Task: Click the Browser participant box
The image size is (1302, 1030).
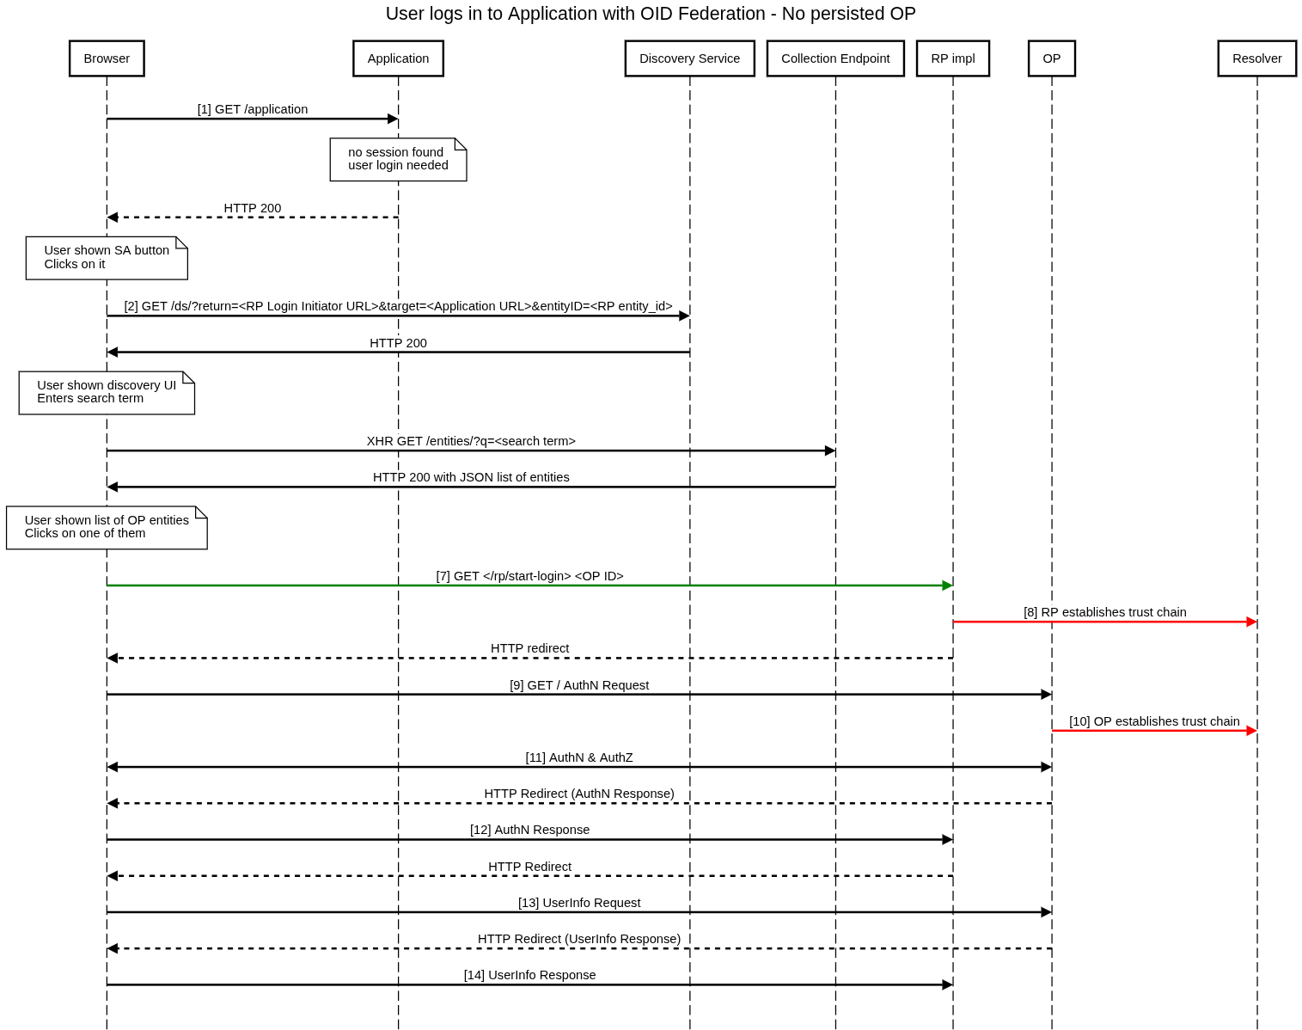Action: pos(107,58)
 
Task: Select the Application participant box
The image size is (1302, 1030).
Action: pos(398,58)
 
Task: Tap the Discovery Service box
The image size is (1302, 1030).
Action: pos(689,58)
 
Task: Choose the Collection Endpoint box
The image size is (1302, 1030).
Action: pos(835,58)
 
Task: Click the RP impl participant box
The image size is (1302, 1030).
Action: pos(952,58)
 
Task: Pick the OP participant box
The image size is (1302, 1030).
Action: pos(1051,58)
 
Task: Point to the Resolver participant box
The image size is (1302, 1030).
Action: pos(1256,58)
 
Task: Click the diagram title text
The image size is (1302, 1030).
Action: pos(651,14)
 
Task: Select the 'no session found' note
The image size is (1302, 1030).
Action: pos(398,159)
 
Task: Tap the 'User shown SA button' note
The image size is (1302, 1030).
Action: pos(107,257)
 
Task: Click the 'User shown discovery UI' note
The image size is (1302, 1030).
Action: pos(107,392)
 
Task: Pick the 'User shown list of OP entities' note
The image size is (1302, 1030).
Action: pos(107,527)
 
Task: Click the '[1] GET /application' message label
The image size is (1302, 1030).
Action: pos(253,109)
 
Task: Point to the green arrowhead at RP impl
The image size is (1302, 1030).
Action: pos(947,586)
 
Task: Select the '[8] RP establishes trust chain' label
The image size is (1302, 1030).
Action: pos(1104,612)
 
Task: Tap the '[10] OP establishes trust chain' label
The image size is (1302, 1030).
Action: pos(1154,721)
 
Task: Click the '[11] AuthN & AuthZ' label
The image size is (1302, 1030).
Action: pos(579,757)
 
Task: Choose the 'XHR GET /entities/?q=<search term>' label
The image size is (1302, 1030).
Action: pos(471,441)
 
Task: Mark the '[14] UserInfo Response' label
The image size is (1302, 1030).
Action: pos(529,975)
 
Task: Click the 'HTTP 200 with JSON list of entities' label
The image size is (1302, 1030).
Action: pos(471,477)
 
